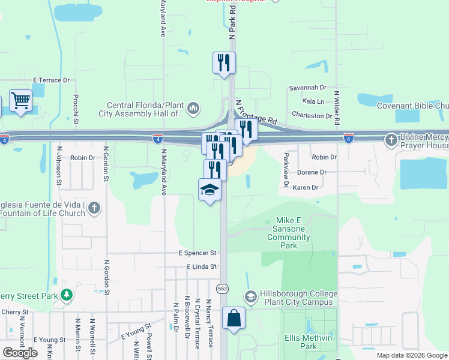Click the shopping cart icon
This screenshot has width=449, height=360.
coord(20,101)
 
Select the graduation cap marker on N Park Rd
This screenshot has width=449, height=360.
coord(209,190)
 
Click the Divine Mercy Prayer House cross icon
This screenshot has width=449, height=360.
coord(391,140)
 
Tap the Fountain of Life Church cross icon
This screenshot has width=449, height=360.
coord(93,208)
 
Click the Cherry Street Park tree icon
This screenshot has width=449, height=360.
coord(67,295)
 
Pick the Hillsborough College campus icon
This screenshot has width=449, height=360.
coord(251,296)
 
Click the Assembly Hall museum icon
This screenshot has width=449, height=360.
coord(193,109)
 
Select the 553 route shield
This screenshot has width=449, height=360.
coord(223,289)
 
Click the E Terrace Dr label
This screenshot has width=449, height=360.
coord(52,80)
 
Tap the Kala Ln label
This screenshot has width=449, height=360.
coord(313,101)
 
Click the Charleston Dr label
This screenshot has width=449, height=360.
coord(312,115)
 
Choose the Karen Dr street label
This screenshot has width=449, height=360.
coord(305,188)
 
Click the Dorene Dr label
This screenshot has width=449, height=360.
coord(310,172)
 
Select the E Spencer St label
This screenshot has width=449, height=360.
coord(197,254)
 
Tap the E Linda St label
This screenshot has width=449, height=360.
coord(201,266)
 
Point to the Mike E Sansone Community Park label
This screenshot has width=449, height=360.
coord(289,233)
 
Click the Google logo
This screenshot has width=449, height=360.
coord(20,353)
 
